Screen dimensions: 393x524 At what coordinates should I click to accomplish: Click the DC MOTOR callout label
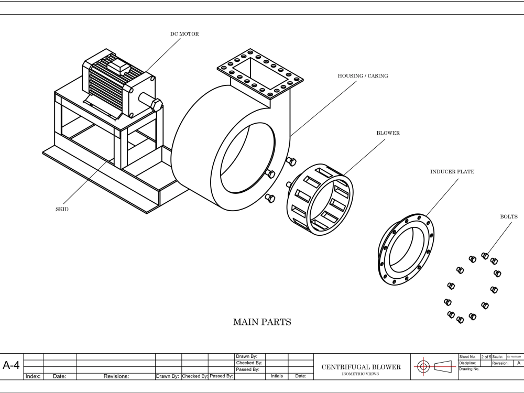(184, 34)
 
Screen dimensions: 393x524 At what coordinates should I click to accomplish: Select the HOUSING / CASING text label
(363, 76)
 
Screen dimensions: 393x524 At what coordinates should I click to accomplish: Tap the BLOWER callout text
(388, 133)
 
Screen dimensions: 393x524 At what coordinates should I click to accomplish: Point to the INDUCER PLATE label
(452, 171)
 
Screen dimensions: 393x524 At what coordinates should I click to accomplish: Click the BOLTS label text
(508, 216)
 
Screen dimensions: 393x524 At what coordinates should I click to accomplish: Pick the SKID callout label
(62, 209)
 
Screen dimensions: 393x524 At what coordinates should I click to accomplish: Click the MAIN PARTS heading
(261, 322)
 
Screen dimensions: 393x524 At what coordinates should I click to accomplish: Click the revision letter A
(518, 363)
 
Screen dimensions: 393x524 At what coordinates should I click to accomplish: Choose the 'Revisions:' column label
(116, 376)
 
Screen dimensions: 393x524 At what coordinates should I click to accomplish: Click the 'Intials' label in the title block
(276, 376)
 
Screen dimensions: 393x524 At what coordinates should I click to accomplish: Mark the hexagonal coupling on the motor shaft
(156, 103)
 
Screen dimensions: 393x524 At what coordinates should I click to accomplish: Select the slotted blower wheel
(320, 194)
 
